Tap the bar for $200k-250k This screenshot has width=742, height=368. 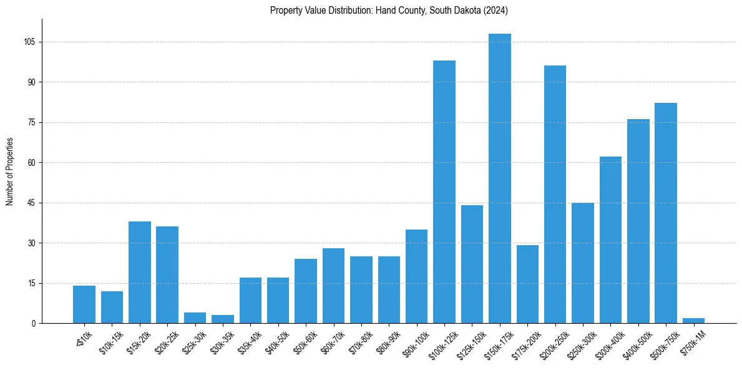coord(555,194)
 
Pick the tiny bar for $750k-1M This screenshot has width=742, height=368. coord(693,321)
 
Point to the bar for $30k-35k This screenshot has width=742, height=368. coord(223,319)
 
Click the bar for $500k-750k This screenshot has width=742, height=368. coord(666,213)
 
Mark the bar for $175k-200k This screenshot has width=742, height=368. coord(527,284)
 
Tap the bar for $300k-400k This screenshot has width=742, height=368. coord(610,240)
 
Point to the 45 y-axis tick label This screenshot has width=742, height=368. coord(31,203)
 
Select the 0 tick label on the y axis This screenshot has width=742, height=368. coord(34,323)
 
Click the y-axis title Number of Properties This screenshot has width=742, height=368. coord(10,171)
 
